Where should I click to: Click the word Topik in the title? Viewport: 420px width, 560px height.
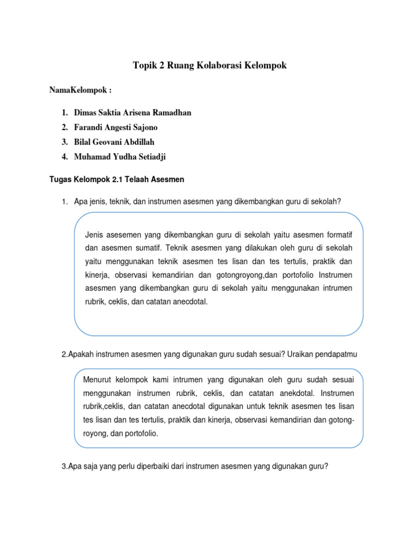[144, 66]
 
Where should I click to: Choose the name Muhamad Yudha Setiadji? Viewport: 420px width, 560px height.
[121, 157]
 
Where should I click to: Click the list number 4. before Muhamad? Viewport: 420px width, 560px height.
[65, 157]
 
